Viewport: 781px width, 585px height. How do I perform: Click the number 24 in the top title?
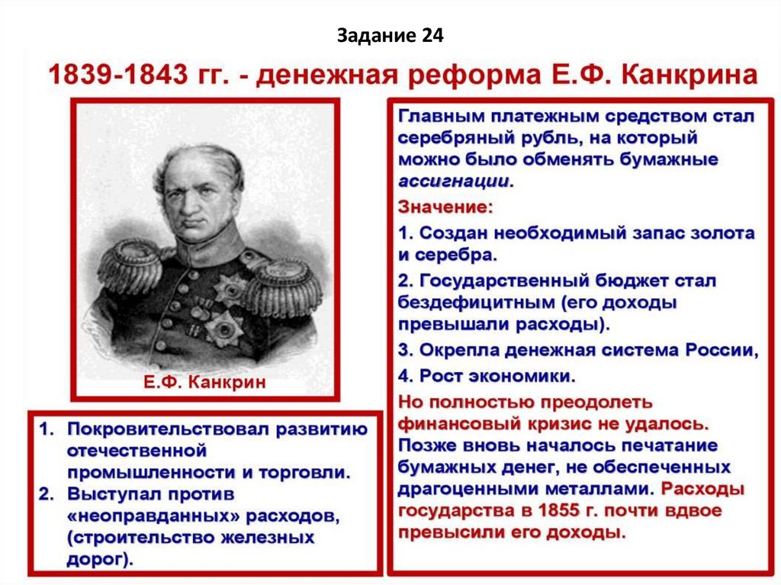point(430,36)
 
